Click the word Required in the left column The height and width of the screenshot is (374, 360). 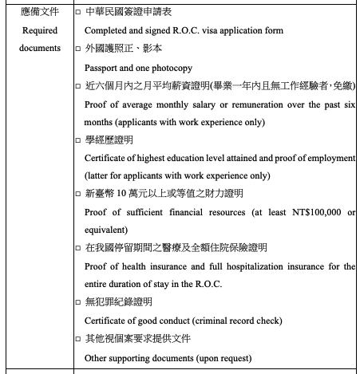[x=40, y=30]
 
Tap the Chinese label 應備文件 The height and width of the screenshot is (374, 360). [x=40, y=12]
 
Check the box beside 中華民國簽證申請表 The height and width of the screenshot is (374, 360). [x=77, y=12]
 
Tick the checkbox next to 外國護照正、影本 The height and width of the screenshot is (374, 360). [x=77, y=49]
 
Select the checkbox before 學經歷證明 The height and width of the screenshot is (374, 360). [x=77, y=140]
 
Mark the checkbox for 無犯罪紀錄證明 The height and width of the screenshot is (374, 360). [x=77, y=303]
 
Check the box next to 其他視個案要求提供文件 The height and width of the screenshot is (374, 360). [x=77, y=339]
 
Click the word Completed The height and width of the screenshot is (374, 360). [x=108, y=30]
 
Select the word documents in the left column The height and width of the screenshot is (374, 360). [x=40, y=48]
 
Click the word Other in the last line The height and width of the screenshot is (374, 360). [x=97, y=357]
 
